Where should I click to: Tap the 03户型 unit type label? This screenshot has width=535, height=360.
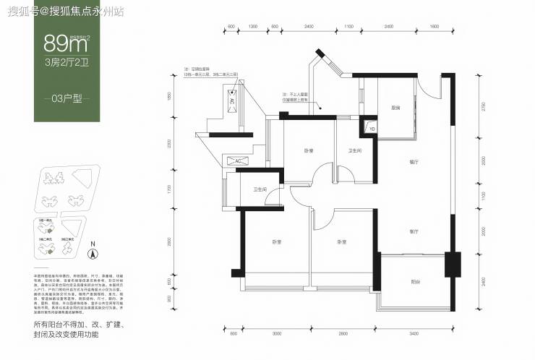tap(66, 98)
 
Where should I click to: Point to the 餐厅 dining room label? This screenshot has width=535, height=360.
tap(413, 163)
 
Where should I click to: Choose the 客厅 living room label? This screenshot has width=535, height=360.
tap(414, 232)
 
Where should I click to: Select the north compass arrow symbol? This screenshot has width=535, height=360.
tap(92, 254)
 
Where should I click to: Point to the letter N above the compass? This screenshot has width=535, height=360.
tap(92, 244)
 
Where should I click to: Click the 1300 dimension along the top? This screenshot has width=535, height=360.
tap(253, 27)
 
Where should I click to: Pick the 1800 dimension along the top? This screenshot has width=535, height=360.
tap(434, 27)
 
